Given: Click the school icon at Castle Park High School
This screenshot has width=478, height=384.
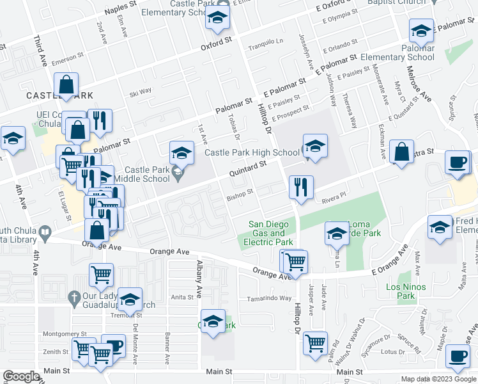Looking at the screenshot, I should coord(315,147).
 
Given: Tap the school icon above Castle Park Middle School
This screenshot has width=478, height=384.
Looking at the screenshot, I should coord(181,153).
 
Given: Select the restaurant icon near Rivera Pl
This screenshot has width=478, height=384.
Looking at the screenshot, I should coord(300,187).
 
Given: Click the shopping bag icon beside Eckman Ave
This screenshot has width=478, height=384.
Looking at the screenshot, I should coord(401,153).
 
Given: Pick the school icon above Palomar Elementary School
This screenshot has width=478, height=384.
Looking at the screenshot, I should coord(421,31).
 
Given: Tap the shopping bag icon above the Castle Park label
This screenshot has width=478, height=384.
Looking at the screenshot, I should coord(66,84).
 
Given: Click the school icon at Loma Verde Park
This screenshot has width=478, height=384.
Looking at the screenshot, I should coord(336,234).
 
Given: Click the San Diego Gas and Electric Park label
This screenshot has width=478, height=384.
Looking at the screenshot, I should coord(270,233).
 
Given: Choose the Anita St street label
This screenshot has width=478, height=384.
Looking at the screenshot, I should coord(181,297).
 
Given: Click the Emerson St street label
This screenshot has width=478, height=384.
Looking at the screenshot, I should coord(68,58).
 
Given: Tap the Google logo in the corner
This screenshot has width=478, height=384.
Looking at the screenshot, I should coord(21,376).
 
